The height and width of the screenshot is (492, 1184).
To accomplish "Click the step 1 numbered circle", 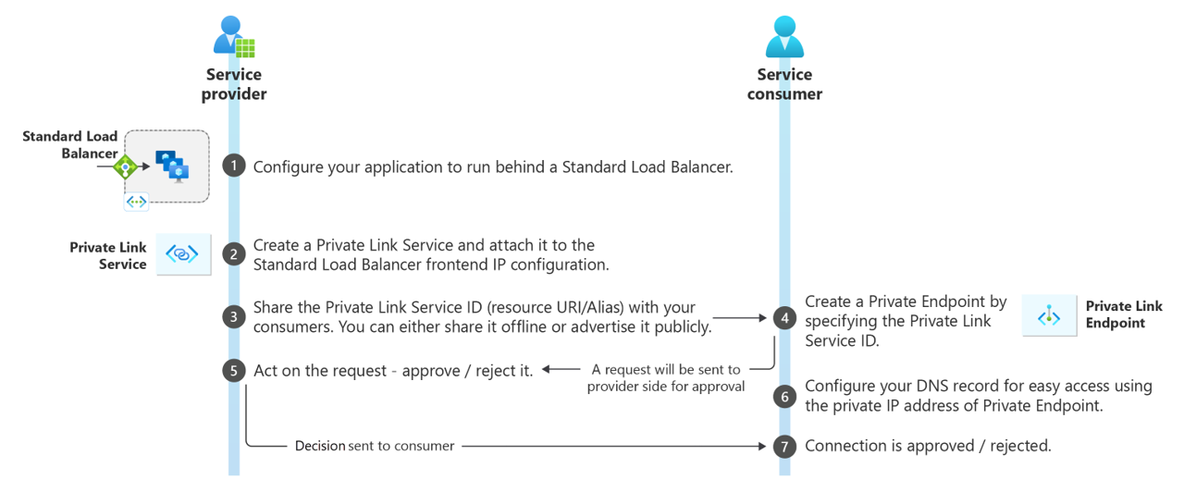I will [234, 166].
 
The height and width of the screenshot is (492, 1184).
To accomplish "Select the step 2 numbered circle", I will [234, 254].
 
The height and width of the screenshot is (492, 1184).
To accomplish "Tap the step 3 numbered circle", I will [234, 316].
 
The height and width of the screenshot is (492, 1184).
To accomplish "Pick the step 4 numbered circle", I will [785, 317].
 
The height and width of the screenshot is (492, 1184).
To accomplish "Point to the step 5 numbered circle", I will [234, 370].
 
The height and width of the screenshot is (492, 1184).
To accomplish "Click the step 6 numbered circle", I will [785, 396].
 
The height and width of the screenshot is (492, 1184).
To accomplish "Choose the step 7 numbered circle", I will [785, 446].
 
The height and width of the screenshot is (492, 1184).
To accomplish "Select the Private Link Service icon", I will [182, 254].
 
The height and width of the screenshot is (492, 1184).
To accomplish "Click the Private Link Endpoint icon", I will [1048, 316].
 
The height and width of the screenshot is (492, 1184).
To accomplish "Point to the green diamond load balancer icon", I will [125, 167].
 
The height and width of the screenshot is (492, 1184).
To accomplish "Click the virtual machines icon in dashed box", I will [171, 166].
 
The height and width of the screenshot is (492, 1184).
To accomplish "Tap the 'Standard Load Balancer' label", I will [70, 145].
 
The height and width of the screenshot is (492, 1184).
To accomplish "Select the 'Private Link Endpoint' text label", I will [1123, 314].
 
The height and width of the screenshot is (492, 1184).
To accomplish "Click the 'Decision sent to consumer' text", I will [375, 446].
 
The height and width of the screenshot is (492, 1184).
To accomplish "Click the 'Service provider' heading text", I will [234, 84].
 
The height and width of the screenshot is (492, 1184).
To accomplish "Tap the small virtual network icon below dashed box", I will [136, 202].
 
